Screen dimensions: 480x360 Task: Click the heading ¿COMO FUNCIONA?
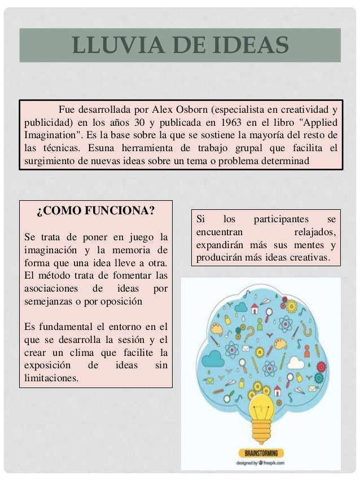(x=95, y=213)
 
